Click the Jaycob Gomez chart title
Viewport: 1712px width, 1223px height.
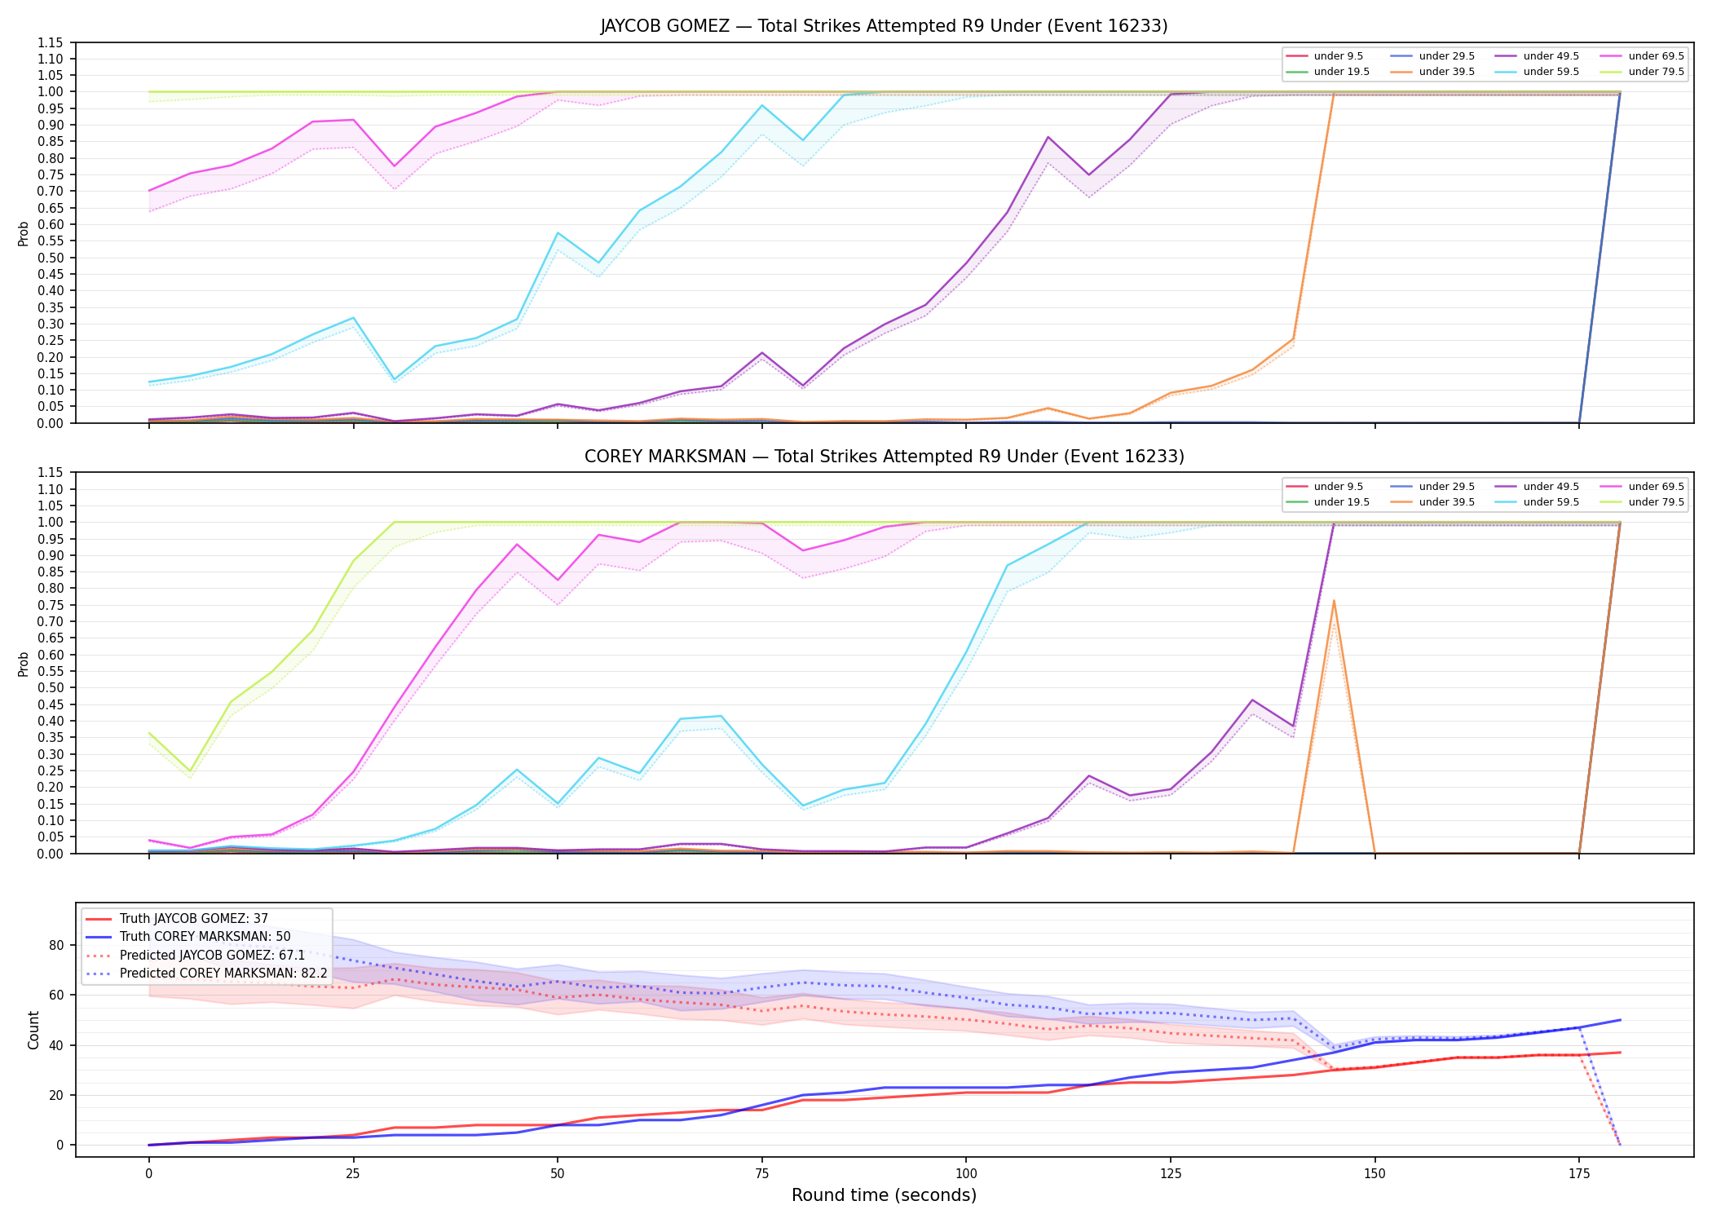(884, 26)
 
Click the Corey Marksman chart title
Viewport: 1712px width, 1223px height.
(884, 457)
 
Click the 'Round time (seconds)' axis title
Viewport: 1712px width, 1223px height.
(884, 1195)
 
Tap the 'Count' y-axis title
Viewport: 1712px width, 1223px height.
(33, 1030)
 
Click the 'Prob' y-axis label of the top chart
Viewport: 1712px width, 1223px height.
(24, 233)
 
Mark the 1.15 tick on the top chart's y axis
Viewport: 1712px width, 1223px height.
(51, 42)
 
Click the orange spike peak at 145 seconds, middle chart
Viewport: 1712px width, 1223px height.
(1334, 601)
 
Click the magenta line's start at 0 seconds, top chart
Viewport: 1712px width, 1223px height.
(149, 191)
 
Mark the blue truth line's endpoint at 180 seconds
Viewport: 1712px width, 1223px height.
(1620, 1020)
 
